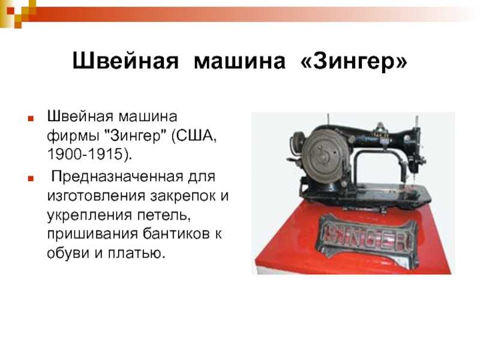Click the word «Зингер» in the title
(354, 61)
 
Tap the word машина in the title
(239, 61)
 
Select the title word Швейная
(125, 61)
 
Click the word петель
(164, 215)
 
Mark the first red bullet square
(31, 118)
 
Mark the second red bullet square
(31, 178)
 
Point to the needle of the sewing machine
(414, 177)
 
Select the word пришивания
(92, 235)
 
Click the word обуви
(68, 253)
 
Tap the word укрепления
(90, 215)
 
